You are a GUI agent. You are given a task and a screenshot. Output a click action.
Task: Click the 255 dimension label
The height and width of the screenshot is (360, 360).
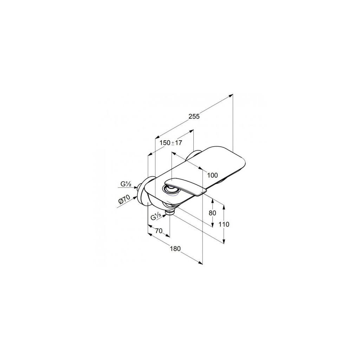[194, 116]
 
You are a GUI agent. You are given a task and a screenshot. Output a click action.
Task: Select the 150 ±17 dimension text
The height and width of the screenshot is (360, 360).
[171, 143]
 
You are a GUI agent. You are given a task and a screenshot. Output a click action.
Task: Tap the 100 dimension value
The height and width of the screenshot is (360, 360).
[212, 175]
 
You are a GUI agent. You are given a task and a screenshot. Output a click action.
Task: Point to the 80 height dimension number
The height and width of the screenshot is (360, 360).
[212, 213]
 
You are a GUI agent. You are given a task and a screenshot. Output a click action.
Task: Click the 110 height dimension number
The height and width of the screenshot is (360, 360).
[224, 224]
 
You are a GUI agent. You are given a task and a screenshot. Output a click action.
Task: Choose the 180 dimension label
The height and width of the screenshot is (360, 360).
[175, 249]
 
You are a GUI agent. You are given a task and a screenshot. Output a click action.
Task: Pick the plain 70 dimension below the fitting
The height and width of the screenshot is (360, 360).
[159, 231]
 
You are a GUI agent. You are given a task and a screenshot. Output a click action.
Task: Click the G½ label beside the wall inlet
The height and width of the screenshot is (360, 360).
[126, 184]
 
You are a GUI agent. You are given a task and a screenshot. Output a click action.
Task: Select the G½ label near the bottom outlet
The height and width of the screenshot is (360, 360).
[156, 217]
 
